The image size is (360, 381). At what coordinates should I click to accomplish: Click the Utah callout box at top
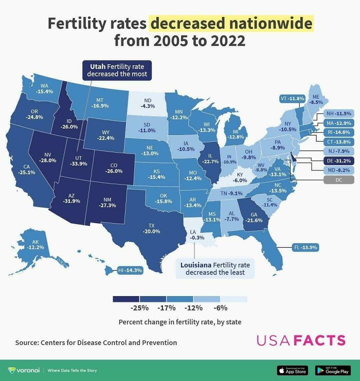[117, 70]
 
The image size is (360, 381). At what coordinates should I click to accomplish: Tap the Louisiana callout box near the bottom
[215, 268]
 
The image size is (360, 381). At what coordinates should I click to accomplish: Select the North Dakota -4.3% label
[148, 103]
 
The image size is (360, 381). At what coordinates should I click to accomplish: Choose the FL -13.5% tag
[305, 248]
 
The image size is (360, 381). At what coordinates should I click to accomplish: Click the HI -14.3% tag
[130, 269]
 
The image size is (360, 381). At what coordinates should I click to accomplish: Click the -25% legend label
[139, 309]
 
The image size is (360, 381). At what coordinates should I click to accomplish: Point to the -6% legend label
[220, 309]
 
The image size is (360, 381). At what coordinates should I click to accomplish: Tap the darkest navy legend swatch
[125, 299]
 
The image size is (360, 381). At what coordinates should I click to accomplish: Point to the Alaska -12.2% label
[32, 245]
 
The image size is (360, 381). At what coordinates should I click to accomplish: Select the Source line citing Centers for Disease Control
[96, 342]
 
